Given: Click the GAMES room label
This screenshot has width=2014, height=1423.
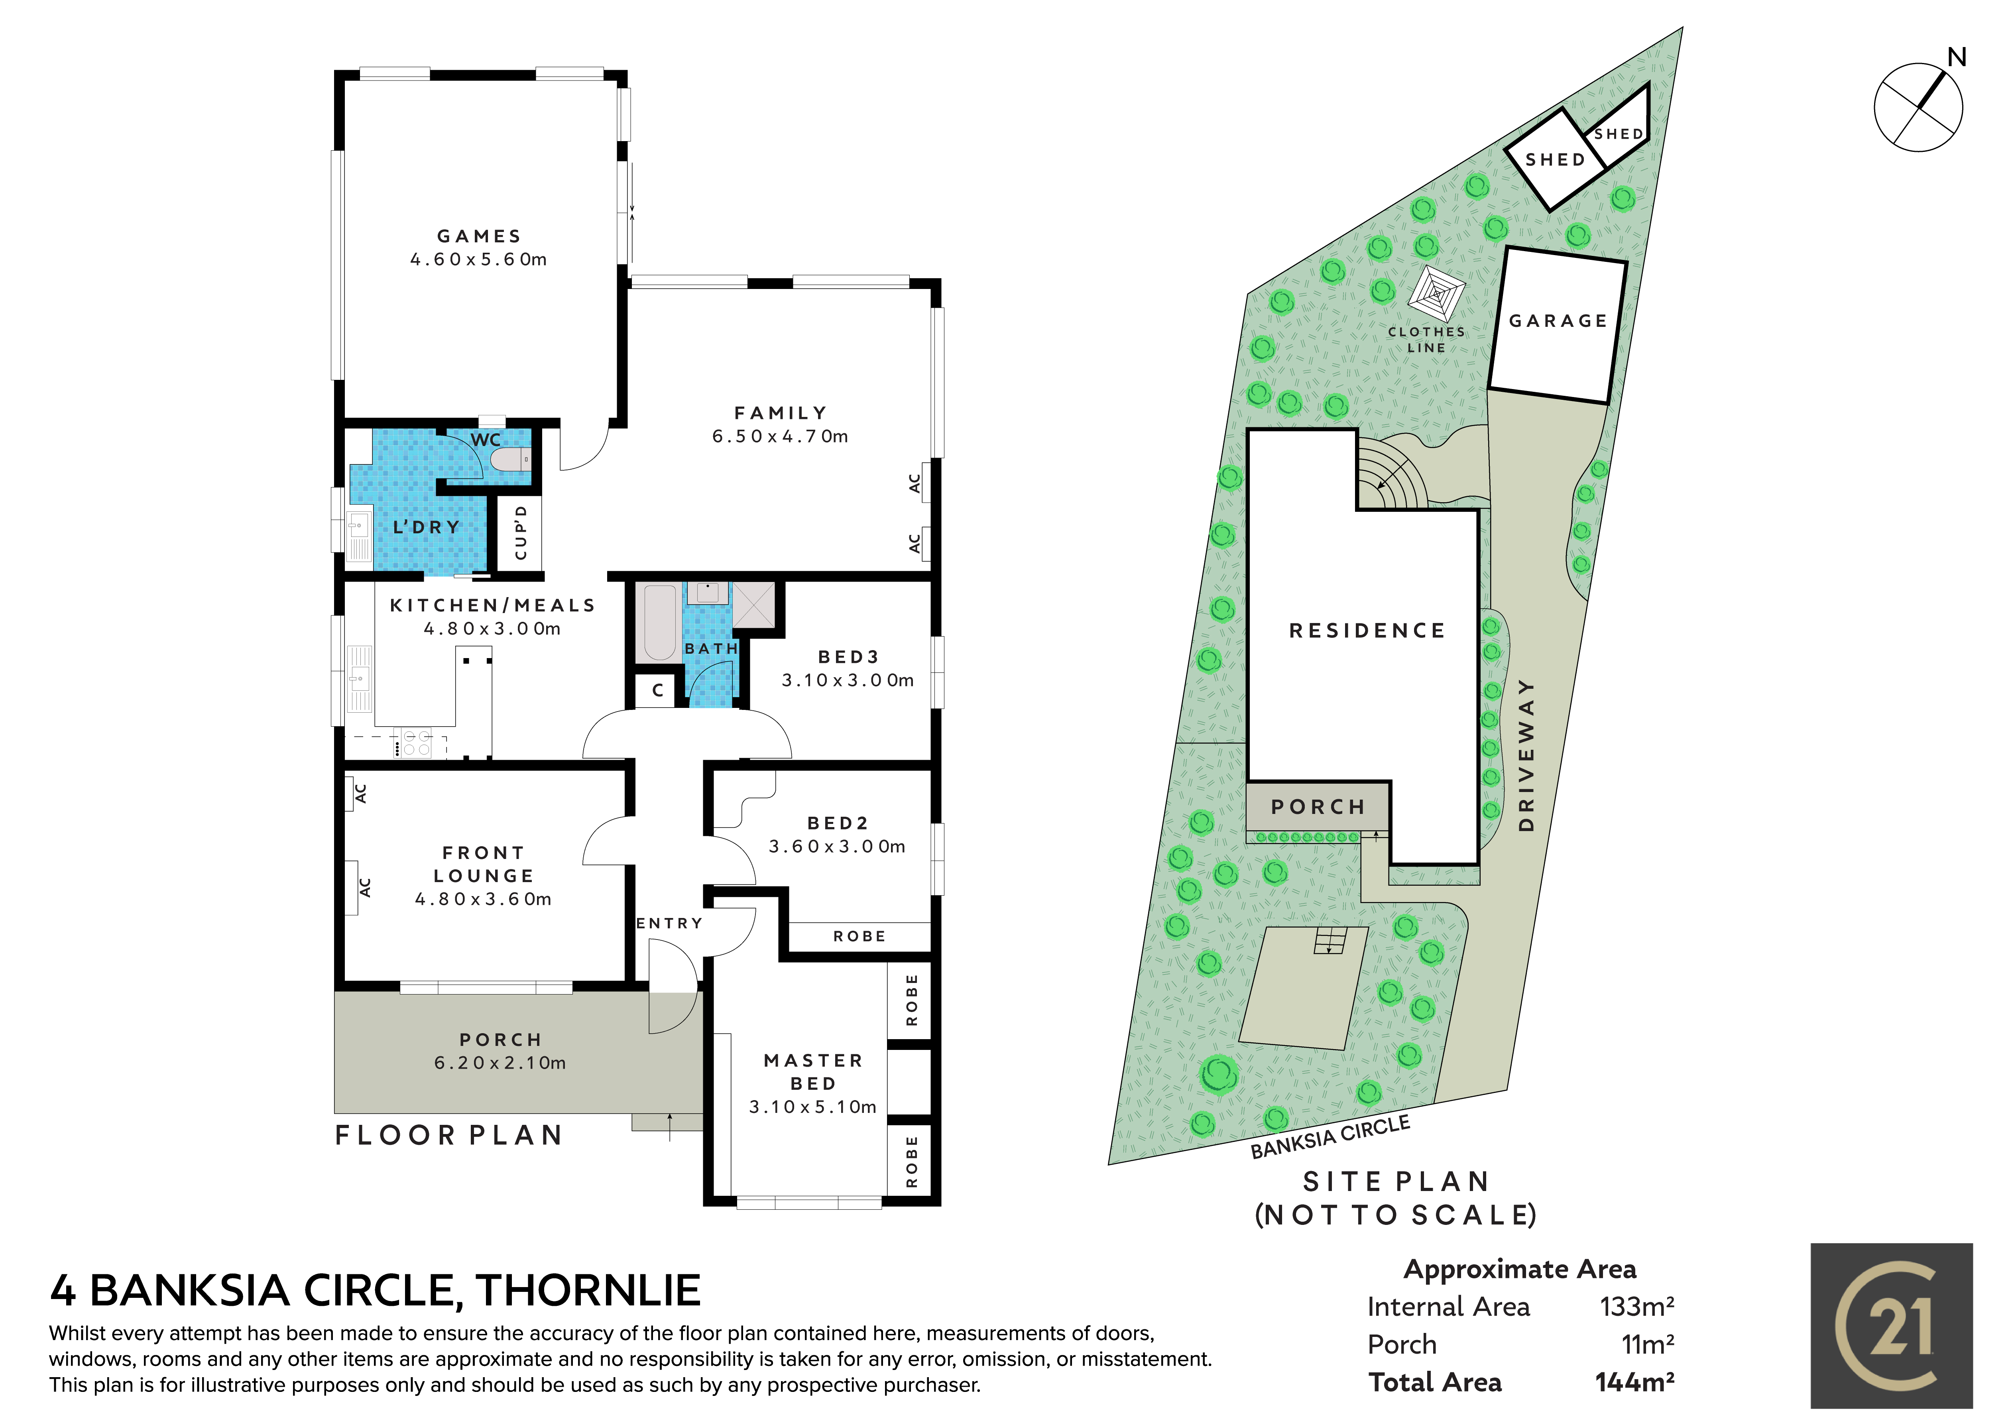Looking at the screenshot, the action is coord(479,236).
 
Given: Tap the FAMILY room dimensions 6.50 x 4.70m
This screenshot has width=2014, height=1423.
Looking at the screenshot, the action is coord(780,436).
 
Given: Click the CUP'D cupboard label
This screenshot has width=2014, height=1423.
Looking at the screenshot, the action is coord(521,533).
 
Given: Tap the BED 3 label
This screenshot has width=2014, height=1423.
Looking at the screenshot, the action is coord(848,656).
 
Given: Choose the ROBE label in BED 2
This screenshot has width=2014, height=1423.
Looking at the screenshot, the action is coord(859,936).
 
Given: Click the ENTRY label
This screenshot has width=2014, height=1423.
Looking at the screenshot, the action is coord(669,923).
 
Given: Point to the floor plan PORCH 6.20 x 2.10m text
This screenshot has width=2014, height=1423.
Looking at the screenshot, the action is coord(500,1051).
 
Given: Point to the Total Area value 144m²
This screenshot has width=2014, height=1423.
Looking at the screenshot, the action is coord(1635,1383).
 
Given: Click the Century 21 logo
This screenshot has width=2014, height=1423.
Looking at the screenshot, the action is coord(1891,1326).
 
